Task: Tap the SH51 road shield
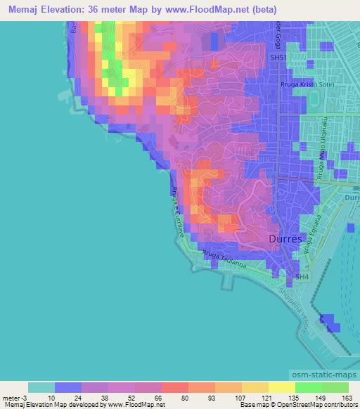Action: pyautogui.click(x=279, y=58)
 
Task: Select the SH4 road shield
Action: pyautogui.click(x=302, y=278)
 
